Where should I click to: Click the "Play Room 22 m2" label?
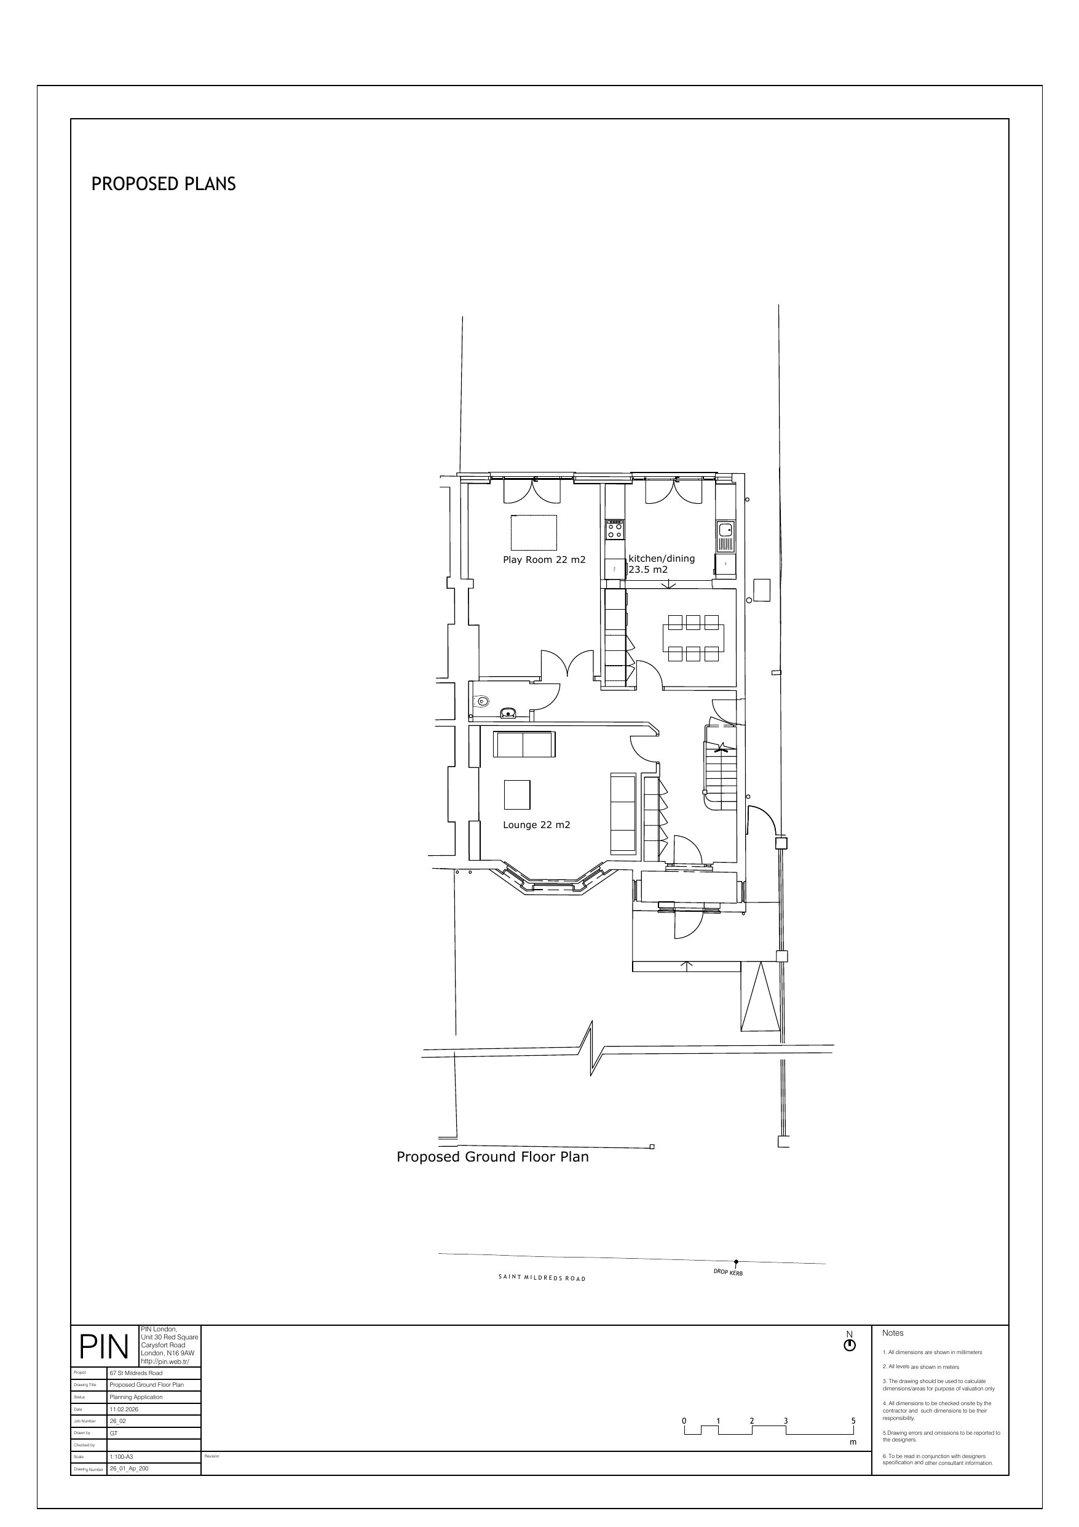(x=544, y=560)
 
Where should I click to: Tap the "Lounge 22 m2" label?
(x=537, y=826)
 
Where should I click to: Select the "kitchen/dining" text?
(x=662, y=559)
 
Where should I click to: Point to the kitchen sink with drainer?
(x=725, y=537)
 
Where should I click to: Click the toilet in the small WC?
(x=481, y=701)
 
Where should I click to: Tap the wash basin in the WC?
(x=508, y=713)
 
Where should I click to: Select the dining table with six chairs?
(x=694, y=638)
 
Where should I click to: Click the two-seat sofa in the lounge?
(x=524, y=744)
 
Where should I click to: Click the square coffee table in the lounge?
(x=517, y=794)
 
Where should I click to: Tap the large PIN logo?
(x=104, y=1347)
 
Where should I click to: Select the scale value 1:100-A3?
(x=122, y=1456)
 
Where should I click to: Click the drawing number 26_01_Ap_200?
(x=129, y=1469)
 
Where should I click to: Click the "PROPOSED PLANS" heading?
(x=164, y=184)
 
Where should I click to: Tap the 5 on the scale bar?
(x=853, y=1421)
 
